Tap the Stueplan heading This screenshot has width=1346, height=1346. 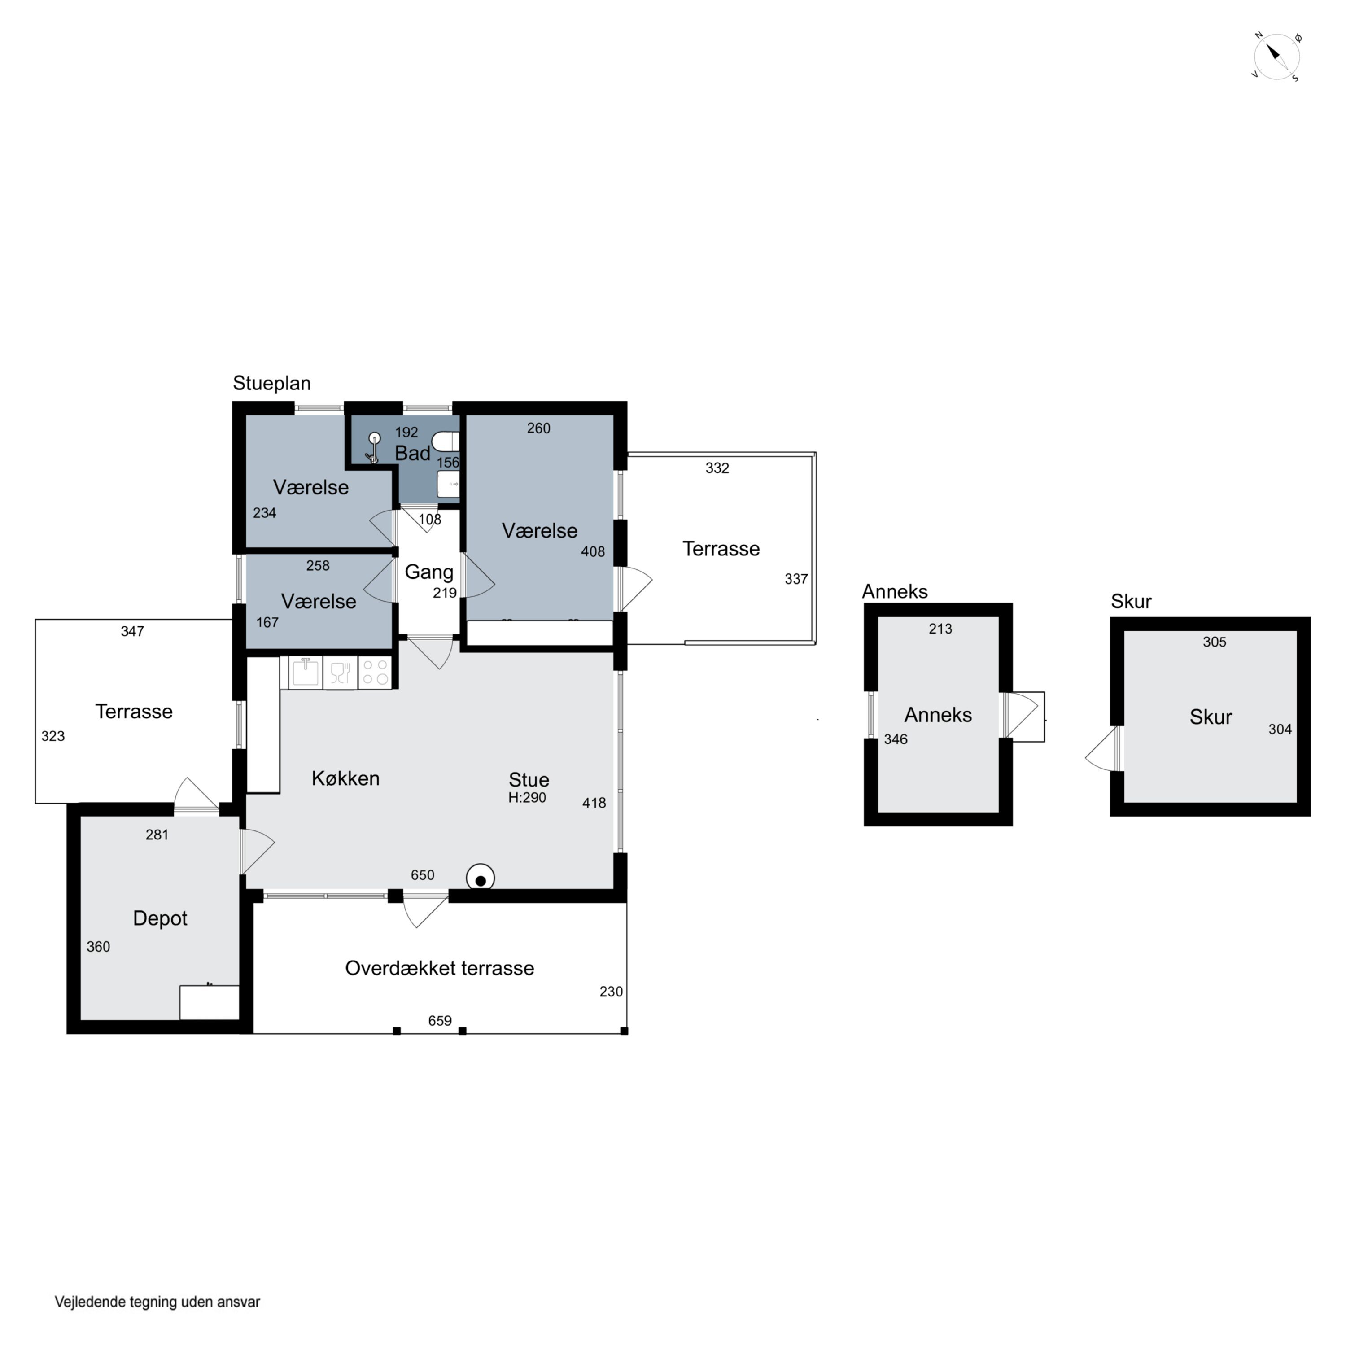(x=272, y=383)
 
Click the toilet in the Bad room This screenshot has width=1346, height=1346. (x=446, y=441)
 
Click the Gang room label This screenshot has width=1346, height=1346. (x=429, y=572)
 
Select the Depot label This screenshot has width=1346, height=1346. (x=160, y=918)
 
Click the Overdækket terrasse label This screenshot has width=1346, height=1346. (x=440, y=968)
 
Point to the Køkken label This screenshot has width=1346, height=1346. (x=345, y=778)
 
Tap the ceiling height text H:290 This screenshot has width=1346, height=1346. (x=527, y=798)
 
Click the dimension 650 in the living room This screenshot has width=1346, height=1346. (x=422, y=875)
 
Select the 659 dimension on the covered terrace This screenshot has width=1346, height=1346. (x=440, y=1021)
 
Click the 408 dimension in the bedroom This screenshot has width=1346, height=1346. (x=593, y=552)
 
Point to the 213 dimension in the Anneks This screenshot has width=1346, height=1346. (x=940, y=629)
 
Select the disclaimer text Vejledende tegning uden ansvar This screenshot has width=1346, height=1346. (x=157, y=1302)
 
